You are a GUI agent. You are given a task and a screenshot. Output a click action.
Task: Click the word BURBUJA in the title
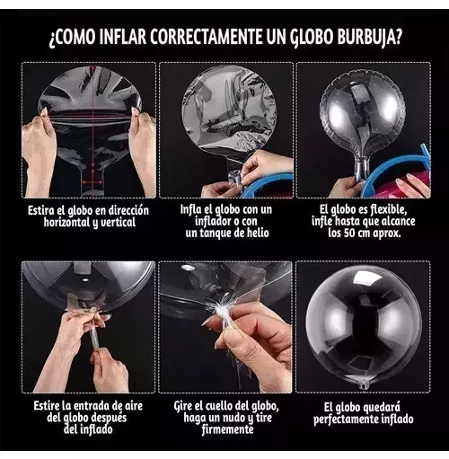[x=369, y=38]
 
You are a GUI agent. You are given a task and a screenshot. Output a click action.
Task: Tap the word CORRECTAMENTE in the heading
[x=207, y=37]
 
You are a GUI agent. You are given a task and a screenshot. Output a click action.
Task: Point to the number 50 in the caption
[x=349, y=233]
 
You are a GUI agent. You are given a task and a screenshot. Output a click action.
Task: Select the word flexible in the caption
[x=388, y=209]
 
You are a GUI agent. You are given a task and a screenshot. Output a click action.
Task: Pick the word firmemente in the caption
[x=227, y=429]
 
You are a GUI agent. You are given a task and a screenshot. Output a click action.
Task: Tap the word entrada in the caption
[x=92, y=406]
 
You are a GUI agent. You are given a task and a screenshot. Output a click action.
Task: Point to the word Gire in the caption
[x=183, y=406]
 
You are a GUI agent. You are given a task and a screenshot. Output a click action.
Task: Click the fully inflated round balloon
[x=364, y=327]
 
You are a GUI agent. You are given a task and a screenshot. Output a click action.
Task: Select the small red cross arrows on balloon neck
[x=92, y=181]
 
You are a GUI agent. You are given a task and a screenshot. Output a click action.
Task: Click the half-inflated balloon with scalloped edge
[x=362, y=119]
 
